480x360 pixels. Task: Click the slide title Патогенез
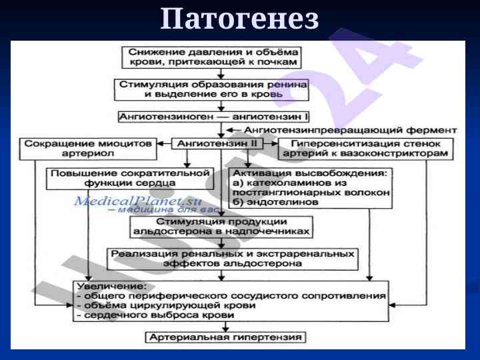coord(240,19)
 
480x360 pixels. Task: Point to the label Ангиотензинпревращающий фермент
coord(351,129)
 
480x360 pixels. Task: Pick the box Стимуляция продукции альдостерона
coord(222,226)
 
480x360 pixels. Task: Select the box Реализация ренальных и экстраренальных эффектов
coord(233,258)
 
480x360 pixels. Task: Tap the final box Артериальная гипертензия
coord(227,337)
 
